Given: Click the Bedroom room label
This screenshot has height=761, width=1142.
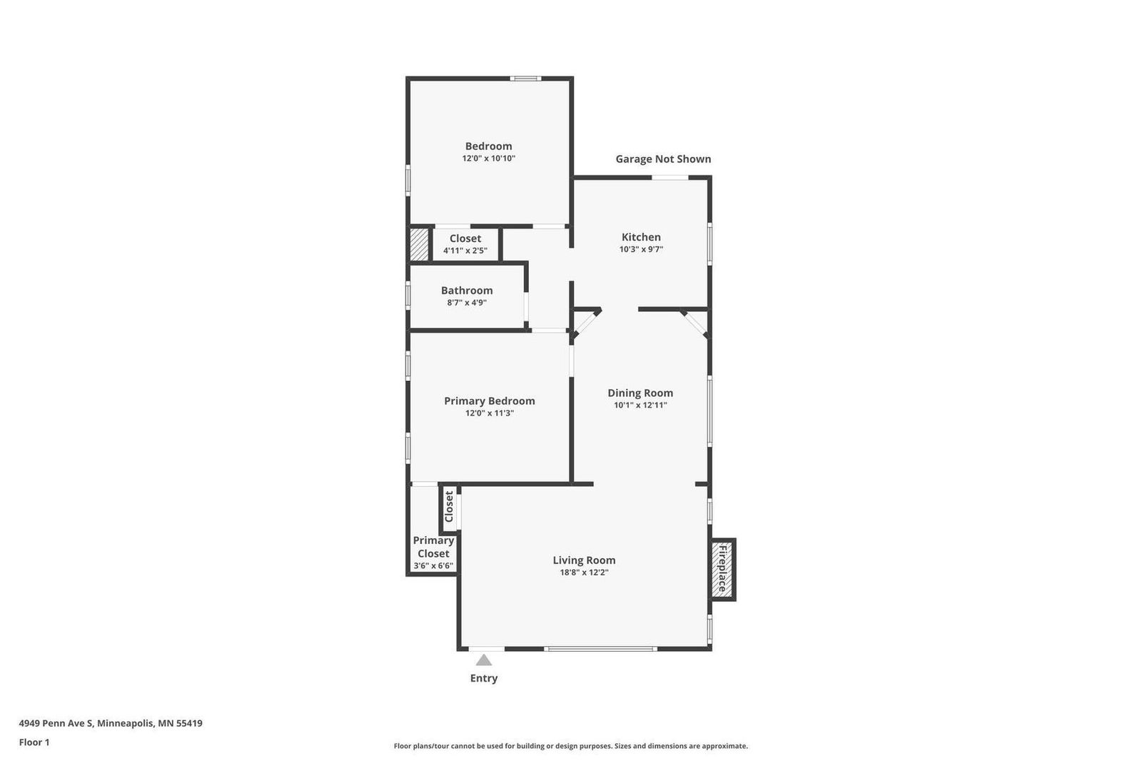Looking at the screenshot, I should point(488,146).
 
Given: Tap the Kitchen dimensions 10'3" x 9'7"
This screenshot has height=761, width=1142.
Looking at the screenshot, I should point(641,249).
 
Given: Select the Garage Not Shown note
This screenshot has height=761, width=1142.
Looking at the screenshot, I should point(663,159).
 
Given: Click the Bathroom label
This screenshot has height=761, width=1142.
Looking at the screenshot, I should point(467,291).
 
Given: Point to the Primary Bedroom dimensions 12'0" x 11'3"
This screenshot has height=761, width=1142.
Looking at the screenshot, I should point(489,413).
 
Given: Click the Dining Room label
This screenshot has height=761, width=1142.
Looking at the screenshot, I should point(640,393).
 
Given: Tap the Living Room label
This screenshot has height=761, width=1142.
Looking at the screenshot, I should point(584,560).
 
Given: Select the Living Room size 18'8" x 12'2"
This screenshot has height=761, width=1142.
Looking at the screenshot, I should point(584,572).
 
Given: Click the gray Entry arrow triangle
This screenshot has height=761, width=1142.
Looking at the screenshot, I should point(484,660).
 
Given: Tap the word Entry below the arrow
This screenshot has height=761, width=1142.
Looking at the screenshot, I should point(483,678).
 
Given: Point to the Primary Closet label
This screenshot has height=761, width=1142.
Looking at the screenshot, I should point(433,547).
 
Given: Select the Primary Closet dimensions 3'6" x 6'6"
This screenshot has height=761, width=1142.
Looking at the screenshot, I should point(433,565).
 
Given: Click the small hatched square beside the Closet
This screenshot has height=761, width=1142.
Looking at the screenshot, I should point(418,244).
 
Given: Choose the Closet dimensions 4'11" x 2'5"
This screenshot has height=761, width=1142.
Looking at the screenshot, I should point(465,251).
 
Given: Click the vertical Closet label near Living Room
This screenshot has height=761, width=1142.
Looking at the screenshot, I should point(449,506).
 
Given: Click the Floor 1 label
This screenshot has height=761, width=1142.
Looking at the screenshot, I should point(34,742).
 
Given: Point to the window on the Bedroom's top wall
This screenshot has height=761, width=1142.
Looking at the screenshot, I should point(525,79).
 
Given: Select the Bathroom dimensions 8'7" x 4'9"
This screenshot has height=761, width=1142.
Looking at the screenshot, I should point(467,302).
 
